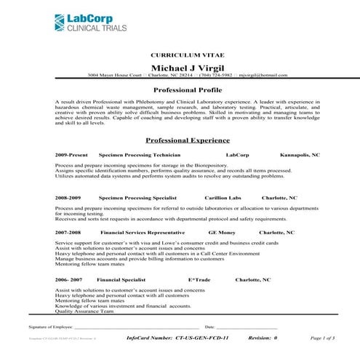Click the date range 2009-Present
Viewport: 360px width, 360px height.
(71, 156)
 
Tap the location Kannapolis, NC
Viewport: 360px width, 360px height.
(300, 156)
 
